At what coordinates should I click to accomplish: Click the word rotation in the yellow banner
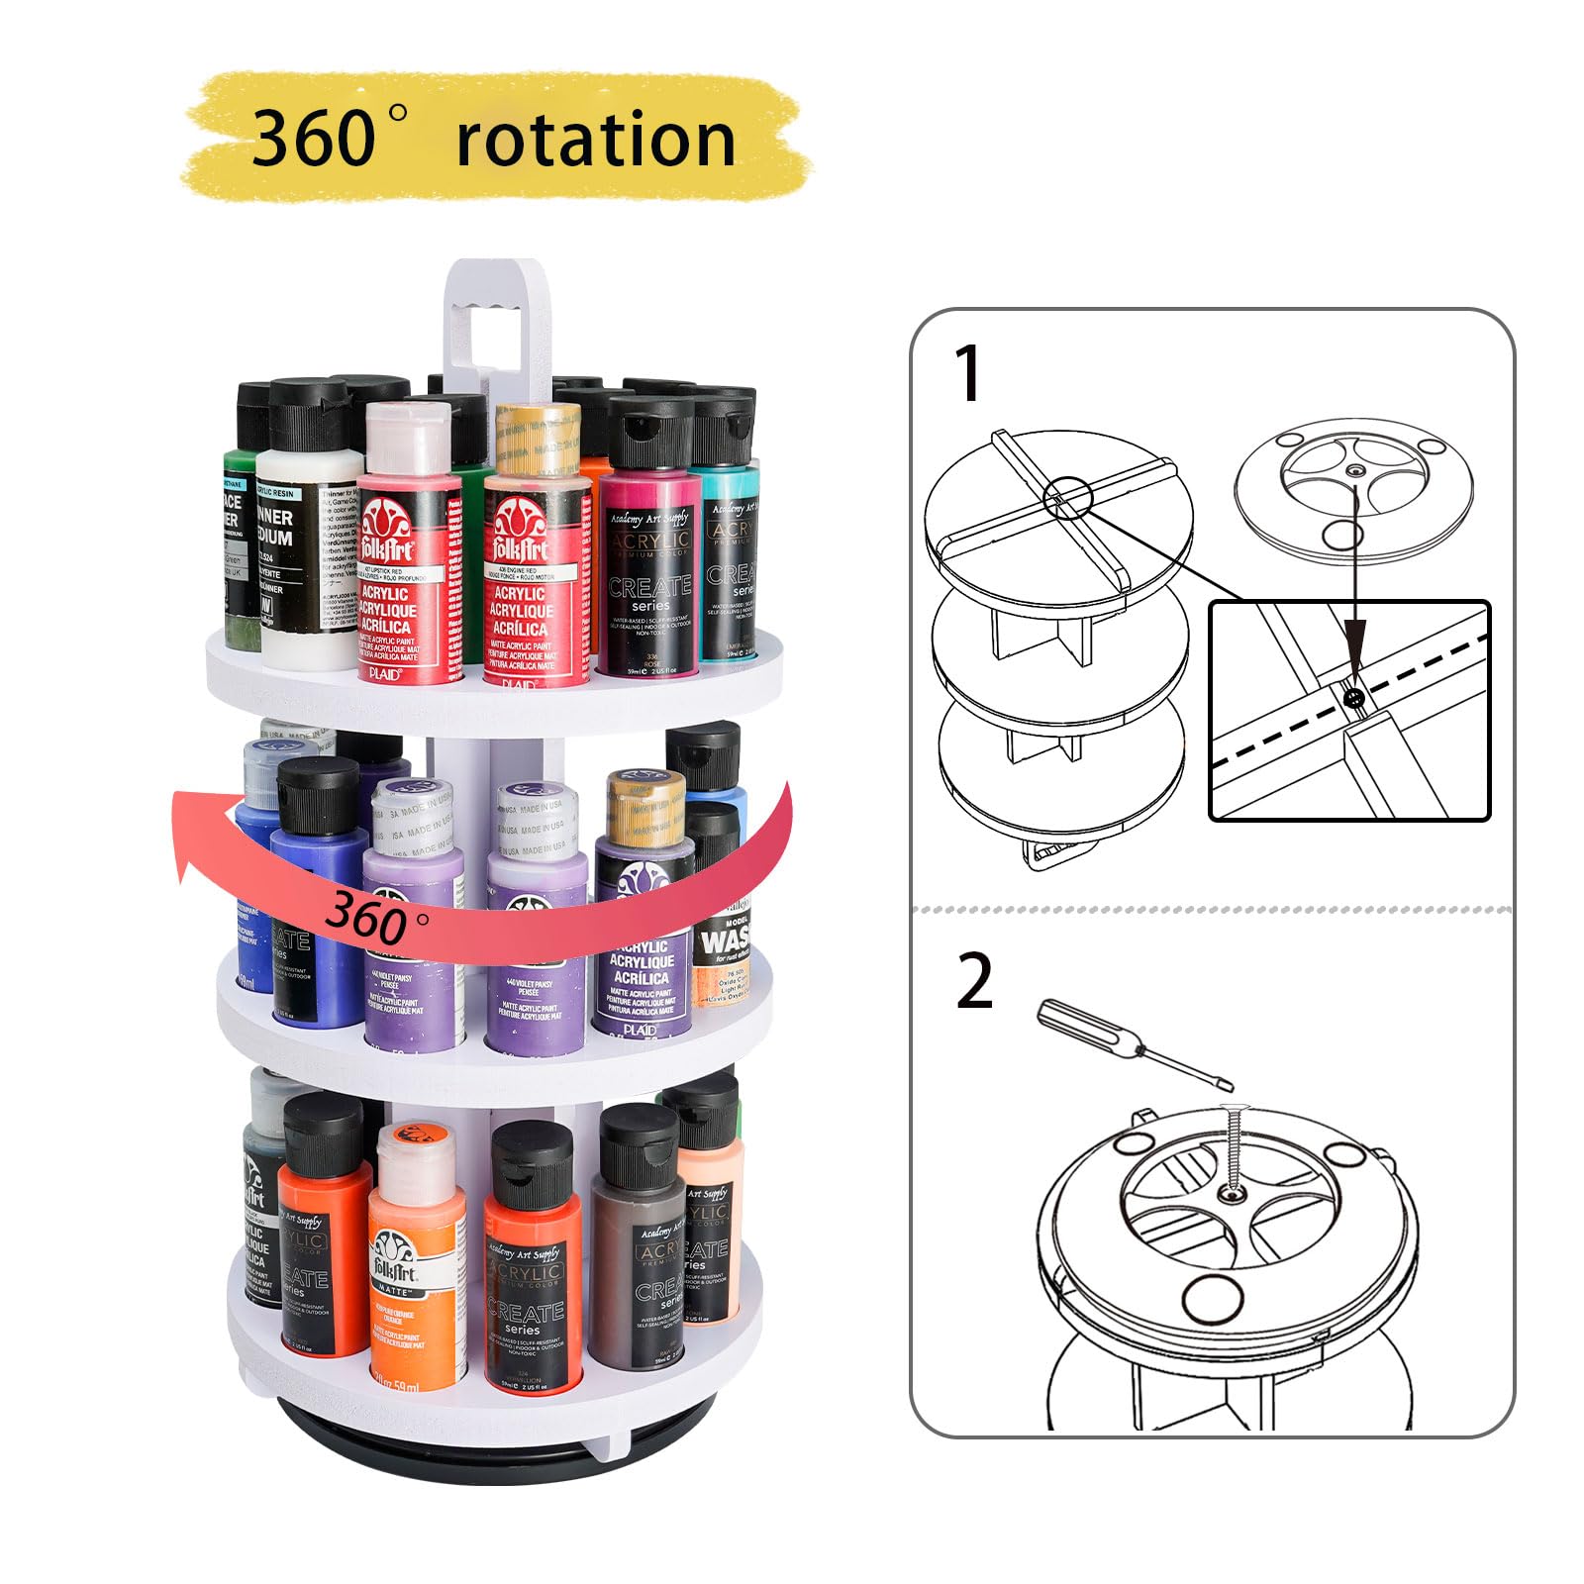click(595, 140)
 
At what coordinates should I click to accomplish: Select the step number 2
click(974, 981)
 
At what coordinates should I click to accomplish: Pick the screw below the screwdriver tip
click(1234, 1153)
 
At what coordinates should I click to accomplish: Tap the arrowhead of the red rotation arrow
click(198, 832)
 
